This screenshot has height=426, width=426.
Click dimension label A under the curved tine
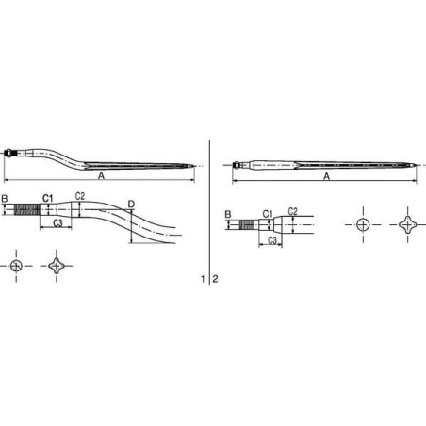[101, 176]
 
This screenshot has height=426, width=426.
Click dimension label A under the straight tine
[326, 177]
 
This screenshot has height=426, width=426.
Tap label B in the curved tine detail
[5, 199]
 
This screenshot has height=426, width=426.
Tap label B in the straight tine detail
[228, 215]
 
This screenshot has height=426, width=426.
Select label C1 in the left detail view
[48, 198]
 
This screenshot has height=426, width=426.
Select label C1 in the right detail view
[268, 214]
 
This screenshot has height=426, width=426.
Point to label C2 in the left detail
[80, 196]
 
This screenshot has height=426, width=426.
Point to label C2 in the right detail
[292, 211]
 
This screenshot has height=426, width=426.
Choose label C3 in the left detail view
[57, 223]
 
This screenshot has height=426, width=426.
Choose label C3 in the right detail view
[272, 240]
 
